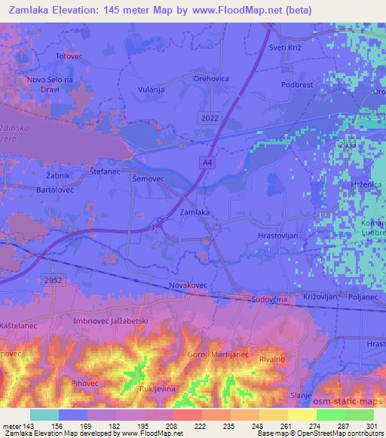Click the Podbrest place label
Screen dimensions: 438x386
[x=296, y=86]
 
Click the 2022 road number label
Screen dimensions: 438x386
[x=211, y=119]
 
